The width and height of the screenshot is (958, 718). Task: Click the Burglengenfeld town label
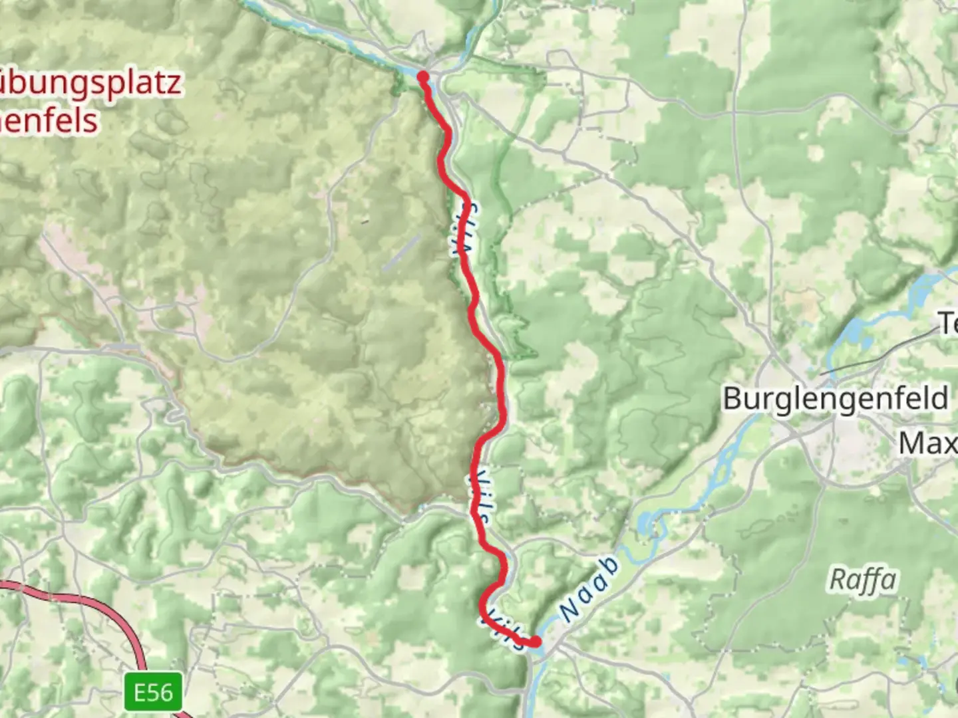(835, 399)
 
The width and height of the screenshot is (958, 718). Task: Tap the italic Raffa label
(862, 580)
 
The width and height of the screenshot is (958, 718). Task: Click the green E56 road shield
(154, 693)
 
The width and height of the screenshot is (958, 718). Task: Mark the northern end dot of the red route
(422, 77)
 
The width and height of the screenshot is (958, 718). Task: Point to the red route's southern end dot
(534, 641)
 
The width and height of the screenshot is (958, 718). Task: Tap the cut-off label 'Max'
(928, 443)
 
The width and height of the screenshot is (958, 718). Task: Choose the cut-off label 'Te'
(947, 324)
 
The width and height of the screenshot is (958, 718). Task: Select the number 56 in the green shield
(163, 693)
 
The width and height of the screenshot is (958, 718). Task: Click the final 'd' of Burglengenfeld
(939, 399)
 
